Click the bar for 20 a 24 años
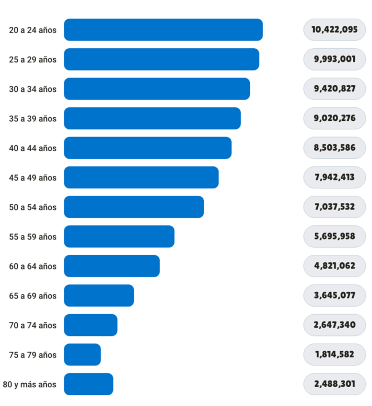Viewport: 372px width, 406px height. (x=163, y=29)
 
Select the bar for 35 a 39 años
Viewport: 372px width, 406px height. (x=152, y=118)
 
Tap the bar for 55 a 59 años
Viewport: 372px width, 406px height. (x=119, y=236)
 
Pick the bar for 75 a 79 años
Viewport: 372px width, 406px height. (x=82, y=354)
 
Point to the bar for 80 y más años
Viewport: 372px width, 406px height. (x=88, y=384)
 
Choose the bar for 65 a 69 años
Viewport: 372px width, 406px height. (x=99, y=295)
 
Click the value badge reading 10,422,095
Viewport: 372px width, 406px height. (x=334, y=29)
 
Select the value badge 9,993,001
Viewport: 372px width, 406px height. (x=334, y=59)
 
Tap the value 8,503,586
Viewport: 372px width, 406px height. (x=334, y=148)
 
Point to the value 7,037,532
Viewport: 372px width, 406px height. (x=334, y=207)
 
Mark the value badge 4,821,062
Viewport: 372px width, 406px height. (x=334, y=266)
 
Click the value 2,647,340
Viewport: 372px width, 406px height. (x=334, y=325)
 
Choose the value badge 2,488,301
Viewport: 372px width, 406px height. (x=334, y=384)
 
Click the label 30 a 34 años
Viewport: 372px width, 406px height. (x=33, y=89)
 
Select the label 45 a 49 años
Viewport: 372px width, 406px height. (x=33, y=178)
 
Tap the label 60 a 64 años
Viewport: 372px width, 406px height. (x=33, y=266)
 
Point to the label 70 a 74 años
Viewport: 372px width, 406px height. (x=33, y=325)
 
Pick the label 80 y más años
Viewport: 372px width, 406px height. (x=30, y=384)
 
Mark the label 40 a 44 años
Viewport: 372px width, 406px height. (x=33, y=148)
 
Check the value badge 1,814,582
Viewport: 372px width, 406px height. (x=334, y=354)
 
